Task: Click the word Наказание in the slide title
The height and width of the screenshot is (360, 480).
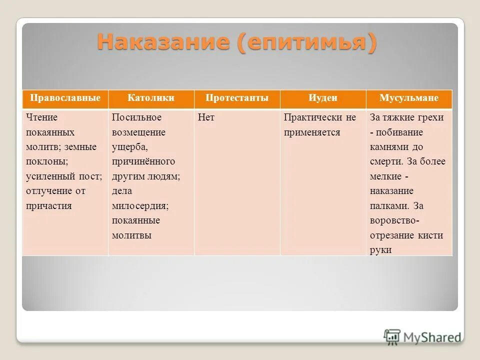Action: tap(163, 42)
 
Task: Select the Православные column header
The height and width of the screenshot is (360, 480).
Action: tap(65, 98)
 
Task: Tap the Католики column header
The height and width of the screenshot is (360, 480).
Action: tap(151, 98)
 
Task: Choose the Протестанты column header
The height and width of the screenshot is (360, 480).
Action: tap(236, 98)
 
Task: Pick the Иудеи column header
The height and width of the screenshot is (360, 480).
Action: tap(322, 98)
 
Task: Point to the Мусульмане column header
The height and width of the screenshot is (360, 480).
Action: tap(408, 98)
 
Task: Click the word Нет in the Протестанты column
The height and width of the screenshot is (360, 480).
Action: tap(206, 117)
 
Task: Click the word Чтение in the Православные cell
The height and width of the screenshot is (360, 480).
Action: tap(42, 117)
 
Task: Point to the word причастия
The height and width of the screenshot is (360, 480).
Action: tap(49, 206)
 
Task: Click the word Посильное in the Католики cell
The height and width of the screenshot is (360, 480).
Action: tap(136, 117)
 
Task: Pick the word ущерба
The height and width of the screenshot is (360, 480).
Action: tap(129, 147)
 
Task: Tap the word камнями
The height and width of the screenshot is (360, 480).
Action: tap(389, 147)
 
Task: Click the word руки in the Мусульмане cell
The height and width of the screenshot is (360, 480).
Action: tap(380, 250)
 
